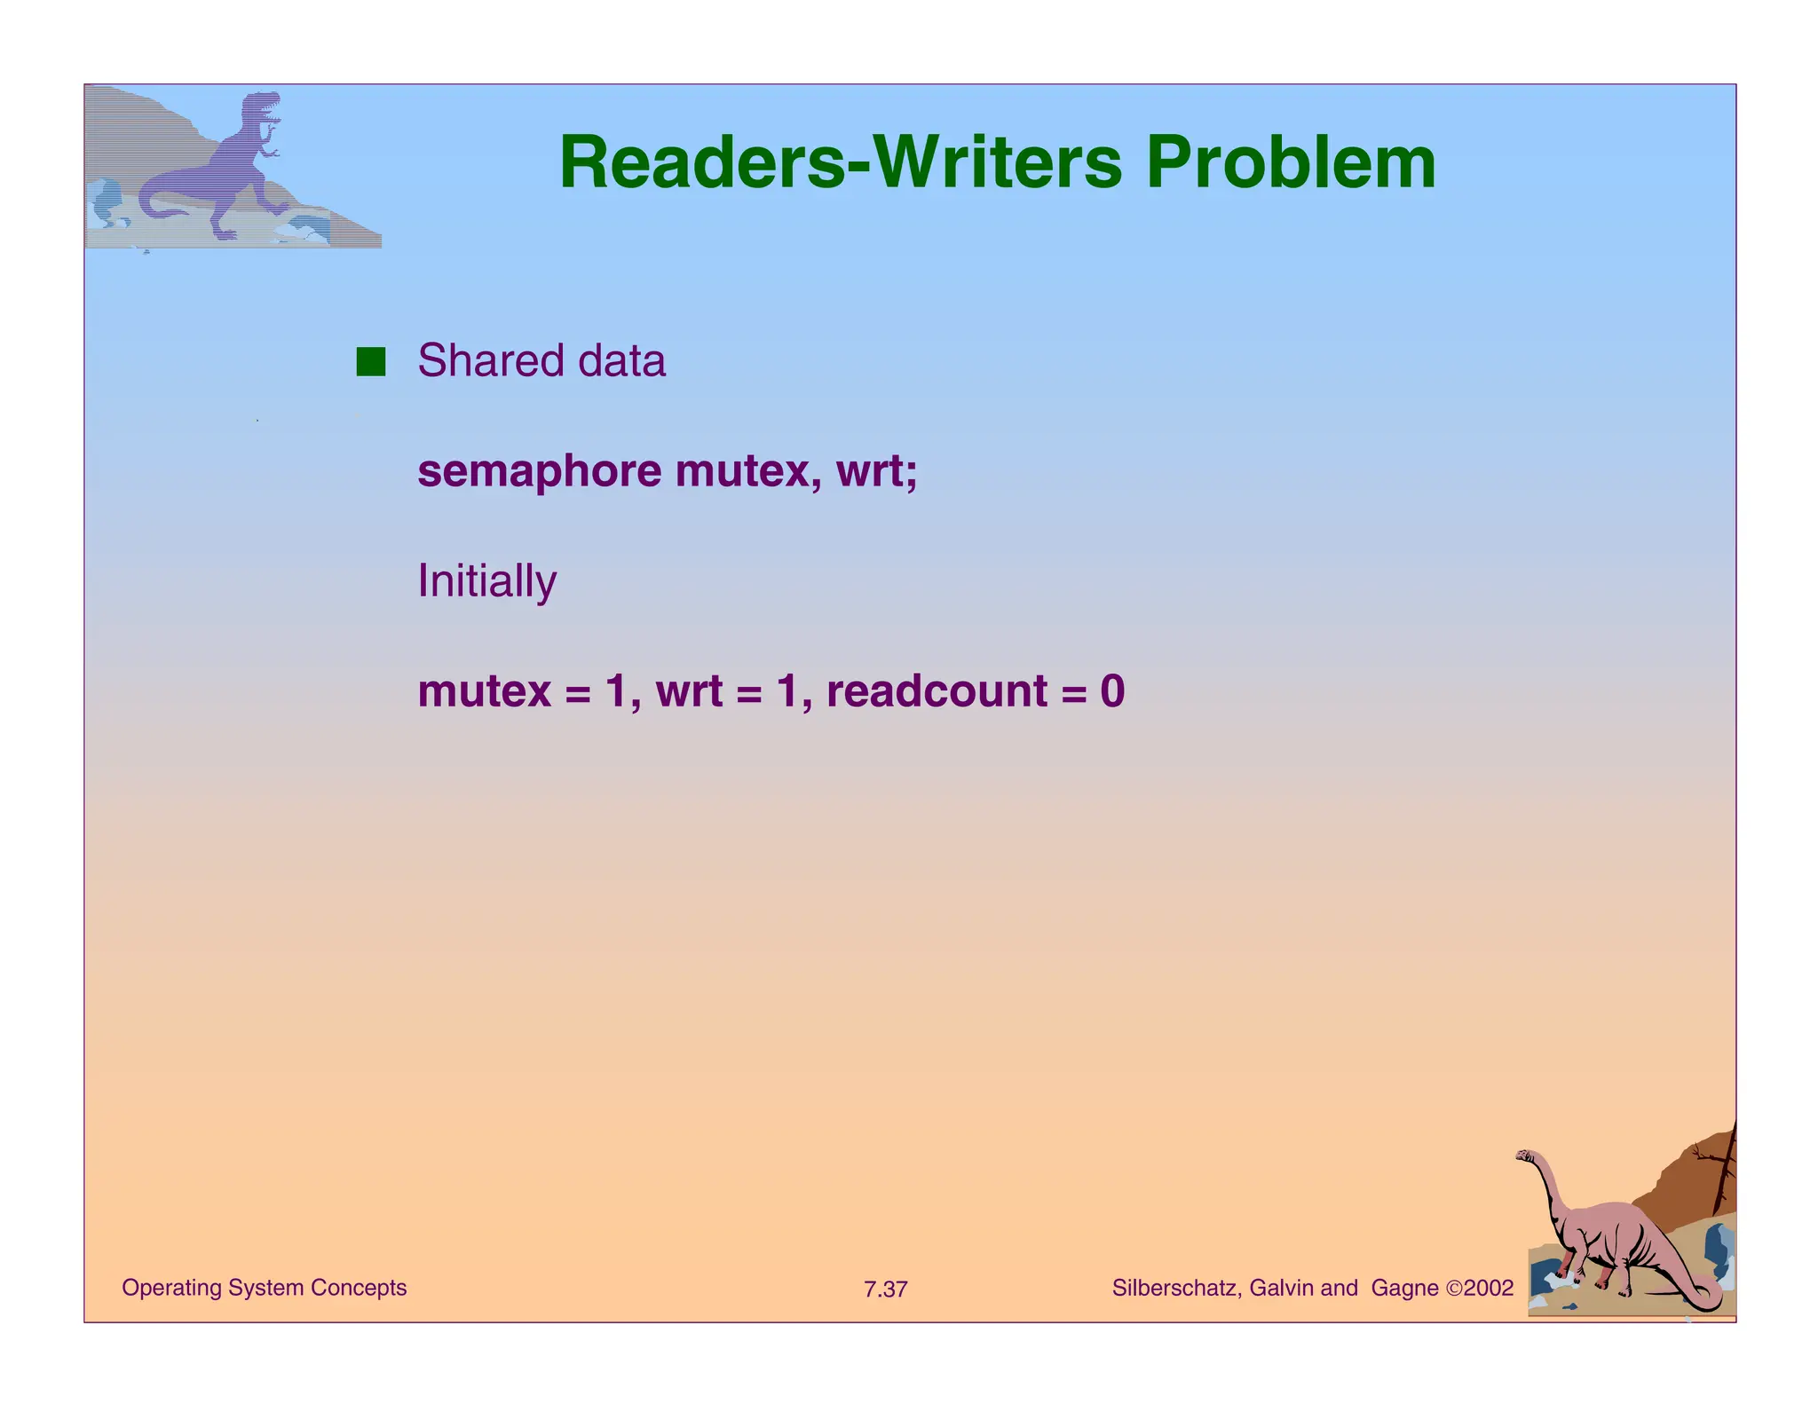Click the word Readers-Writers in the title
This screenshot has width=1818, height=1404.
pos(839,163)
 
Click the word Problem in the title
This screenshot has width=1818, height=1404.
pos(1290,163)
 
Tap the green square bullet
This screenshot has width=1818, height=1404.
pos(370,362)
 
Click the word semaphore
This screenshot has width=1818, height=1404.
pos(539,470)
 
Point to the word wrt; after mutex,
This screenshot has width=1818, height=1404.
pos(877,470)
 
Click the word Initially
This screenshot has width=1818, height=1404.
pos(486,581)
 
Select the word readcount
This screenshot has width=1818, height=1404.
pos(937,690)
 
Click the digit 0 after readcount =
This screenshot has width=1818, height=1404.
pos(1112,690)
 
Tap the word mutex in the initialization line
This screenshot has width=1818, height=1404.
pos(484,690)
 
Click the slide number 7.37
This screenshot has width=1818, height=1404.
pos(885,1290)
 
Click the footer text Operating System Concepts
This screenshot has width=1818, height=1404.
pos(264,1288)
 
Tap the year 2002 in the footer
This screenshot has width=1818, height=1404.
pos(1489,1288)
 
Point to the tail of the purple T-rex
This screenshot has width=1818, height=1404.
pos(155,206)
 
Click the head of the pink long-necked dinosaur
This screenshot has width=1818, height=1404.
pos(1528,1157)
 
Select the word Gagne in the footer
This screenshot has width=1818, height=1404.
pos(1404,1288)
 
